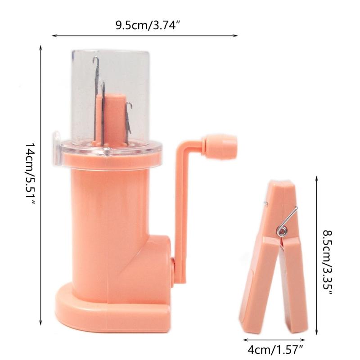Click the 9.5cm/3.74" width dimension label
(x=147, y=25)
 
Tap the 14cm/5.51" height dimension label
(x=30, y=174)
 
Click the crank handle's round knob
(x=220, y=146)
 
